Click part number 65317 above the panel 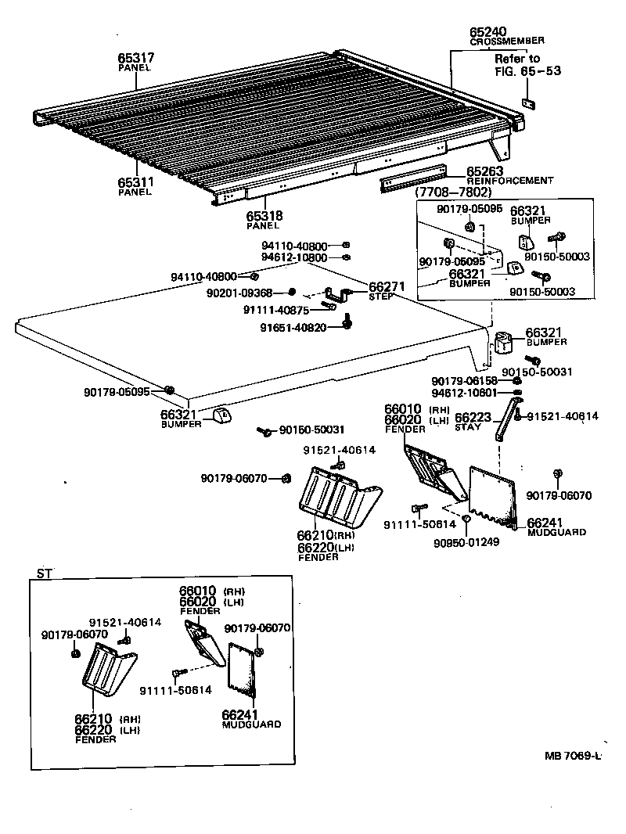135,58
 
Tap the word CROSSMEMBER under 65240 507,40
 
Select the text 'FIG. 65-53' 527,70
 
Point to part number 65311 135,182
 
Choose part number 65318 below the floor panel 264,216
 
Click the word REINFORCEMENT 509,181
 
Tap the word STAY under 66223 467,428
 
